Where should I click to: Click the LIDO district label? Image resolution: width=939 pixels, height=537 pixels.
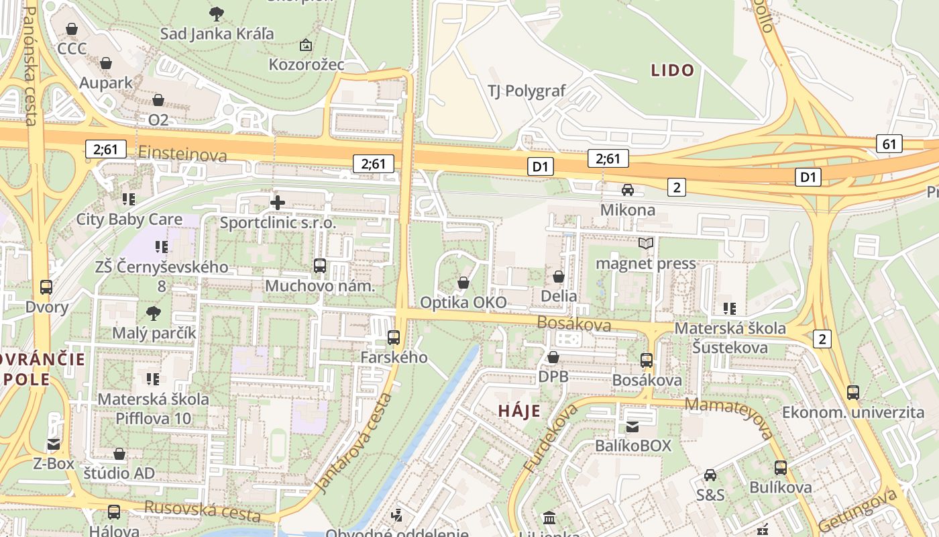pos(672,70)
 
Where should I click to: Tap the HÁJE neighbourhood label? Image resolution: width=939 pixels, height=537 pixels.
pos(519,411)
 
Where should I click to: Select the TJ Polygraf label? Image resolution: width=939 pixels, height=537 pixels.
pos(527,91)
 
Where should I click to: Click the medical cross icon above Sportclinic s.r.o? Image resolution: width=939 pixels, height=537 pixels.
pos(278,202)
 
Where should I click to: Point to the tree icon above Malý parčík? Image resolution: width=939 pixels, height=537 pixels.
pos(154,313)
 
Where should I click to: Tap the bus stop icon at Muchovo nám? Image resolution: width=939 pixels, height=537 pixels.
pos(320,266)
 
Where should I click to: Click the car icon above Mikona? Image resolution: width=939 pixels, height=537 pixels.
pos(628,190)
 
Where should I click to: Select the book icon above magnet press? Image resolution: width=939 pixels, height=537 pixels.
pos(646,243)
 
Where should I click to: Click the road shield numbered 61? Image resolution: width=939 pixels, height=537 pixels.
pos(889,143)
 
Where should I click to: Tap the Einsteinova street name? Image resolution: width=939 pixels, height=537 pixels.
pos(182,154)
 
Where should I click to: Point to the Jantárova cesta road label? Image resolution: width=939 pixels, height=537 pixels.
pos(353,443)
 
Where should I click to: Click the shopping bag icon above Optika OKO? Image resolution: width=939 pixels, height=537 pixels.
pos(463,283)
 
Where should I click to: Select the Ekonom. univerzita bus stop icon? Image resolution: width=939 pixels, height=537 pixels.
pos(852,392)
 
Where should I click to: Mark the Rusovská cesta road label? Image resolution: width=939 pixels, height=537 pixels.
pos(202,511)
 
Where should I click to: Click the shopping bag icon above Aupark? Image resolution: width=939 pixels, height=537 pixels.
pos(105,63)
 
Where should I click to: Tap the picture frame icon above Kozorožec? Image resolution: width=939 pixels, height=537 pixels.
pos(306,45)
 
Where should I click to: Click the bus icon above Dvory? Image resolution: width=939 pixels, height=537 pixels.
pos(46,287)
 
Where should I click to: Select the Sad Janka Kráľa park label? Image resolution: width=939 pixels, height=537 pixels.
pos(217,33)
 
